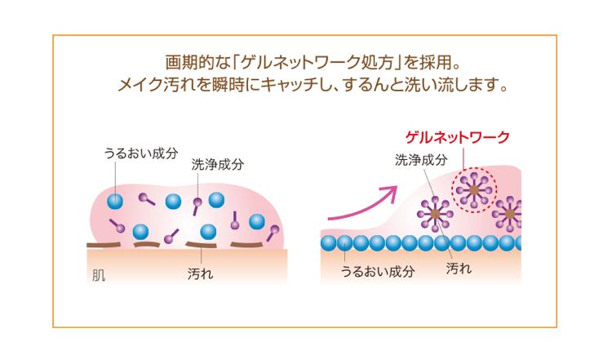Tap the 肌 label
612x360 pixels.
pyautogui.click(x=98, y=273)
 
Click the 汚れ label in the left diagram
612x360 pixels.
pyautogui.click(x=200, y=273)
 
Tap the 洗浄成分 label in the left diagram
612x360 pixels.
pyautogui.click(x=217, y=164)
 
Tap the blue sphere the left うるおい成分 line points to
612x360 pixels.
pyautogui.click(x=117, y=199)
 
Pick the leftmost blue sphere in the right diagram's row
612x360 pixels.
pyautogui.click(x=328, y=242)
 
